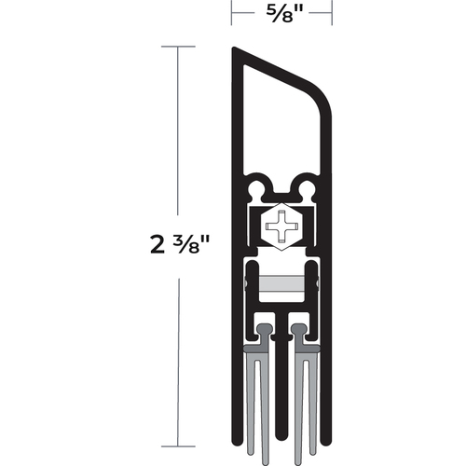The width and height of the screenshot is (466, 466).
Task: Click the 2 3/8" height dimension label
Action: pos(179,246)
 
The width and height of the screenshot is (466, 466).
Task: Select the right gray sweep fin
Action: pos(300,391)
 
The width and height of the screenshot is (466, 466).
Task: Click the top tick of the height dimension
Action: pos(177,45)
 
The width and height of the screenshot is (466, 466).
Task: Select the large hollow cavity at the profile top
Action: pos(280,121)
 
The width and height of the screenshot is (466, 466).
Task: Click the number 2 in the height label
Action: pos(156,247)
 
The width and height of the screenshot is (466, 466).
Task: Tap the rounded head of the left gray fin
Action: pos(267,330)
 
